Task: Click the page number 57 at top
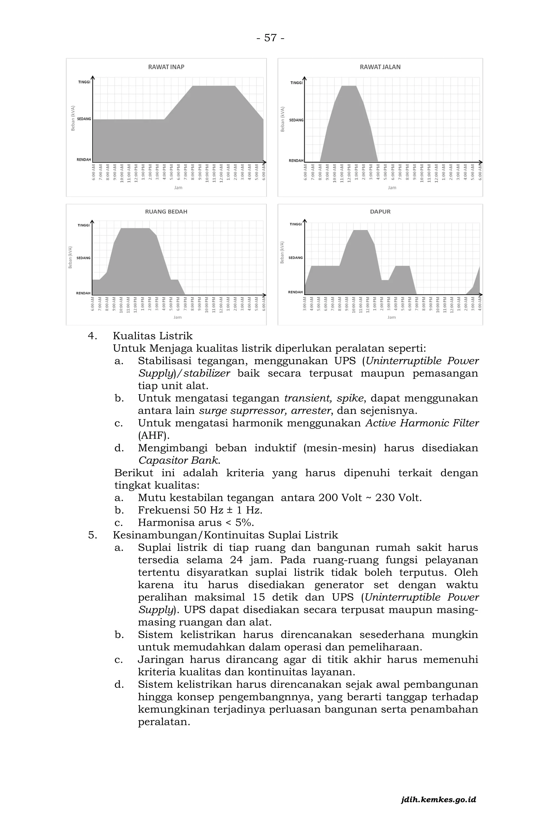(x=270, y=37)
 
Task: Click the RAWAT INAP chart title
(x=166, y=67)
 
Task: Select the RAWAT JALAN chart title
(x=380, y=67)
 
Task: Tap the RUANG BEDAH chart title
(x=166, y=212)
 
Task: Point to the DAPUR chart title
(x=380, y=212)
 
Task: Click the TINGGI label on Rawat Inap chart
(x=84, y=82)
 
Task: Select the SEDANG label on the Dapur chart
(x=296, y=258)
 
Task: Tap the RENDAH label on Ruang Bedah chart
(x=83, y=293)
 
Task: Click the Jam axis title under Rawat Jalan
(x=392, y=188)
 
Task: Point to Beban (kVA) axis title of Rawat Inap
(x=73, y=118)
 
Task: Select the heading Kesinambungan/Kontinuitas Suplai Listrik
(x=225, y=535)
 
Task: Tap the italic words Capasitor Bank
(x=179, y=461)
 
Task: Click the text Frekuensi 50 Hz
(x=180, y=510)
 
